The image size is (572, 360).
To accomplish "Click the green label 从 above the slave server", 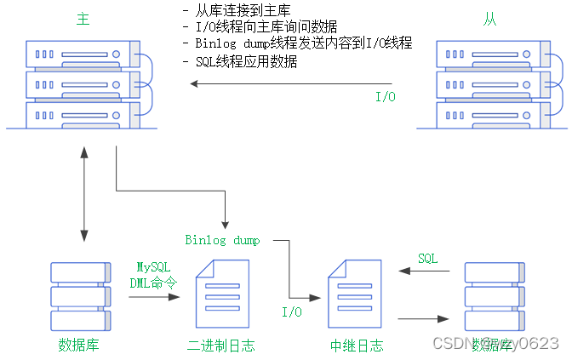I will point(489,19).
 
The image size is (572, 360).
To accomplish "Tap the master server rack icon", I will point(83,83).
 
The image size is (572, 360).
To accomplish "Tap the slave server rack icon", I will point(489,83).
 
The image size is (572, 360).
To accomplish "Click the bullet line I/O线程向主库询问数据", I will point(266,26).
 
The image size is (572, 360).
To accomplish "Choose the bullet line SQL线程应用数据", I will point(246,61).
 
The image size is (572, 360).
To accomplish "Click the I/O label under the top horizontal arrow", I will point(386,97).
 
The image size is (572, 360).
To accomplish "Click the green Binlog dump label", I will point(223,240).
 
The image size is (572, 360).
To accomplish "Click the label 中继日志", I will point(356,346).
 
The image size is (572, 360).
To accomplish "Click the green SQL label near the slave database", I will point(427,258).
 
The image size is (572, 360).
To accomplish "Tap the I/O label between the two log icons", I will point(292,312).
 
